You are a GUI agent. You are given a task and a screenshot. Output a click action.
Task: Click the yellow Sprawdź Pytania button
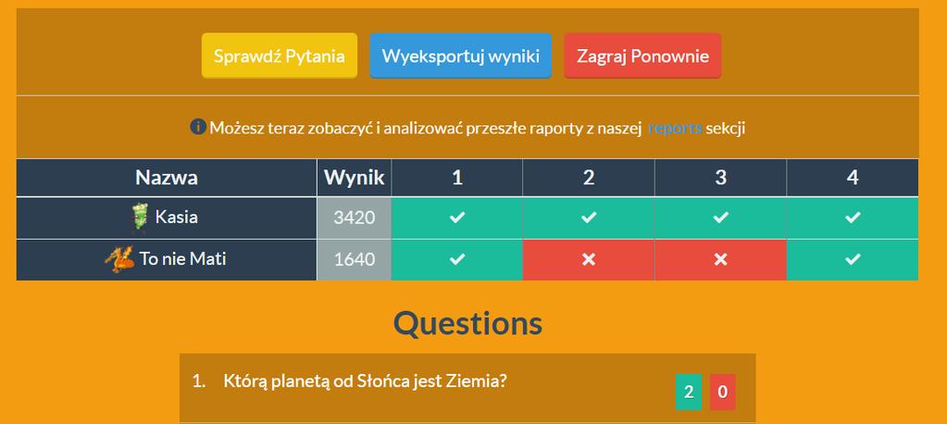(x=279, y=56)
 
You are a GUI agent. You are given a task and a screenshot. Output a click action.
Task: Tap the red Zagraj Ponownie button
(x=642, y=56)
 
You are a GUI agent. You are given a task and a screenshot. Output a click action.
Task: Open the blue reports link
(x=675, y=128)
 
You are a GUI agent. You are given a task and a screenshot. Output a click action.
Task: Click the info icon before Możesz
(x=198, y=127)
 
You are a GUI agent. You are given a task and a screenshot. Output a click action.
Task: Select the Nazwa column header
(x=166, y=178)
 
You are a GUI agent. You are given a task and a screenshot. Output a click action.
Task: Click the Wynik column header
(x=354, y=178)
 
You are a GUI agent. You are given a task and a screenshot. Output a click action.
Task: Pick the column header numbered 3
(x=720, y=178)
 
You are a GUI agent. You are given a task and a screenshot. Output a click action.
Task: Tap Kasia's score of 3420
(x=354, y=218)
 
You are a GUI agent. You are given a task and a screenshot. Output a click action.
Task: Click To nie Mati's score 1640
(x=354, y=260)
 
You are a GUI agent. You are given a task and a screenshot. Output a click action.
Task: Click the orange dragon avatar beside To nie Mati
(x=119, y=260)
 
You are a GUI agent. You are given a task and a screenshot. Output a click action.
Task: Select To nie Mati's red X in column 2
(x=589, y=260)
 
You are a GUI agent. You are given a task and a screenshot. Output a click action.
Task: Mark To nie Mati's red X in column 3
(x=720, y=260)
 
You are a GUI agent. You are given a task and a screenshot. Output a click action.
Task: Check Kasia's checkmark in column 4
(x=853, y=218)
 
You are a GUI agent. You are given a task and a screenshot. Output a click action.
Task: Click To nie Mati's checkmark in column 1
(x=457, y=260)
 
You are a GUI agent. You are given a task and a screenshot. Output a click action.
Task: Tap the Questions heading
(x=468, y=323)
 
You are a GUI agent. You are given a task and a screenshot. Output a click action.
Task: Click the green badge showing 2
(x=689, y=392)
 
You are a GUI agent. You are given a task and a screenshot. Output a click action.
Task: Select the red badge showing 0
(x=722, y=392)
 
